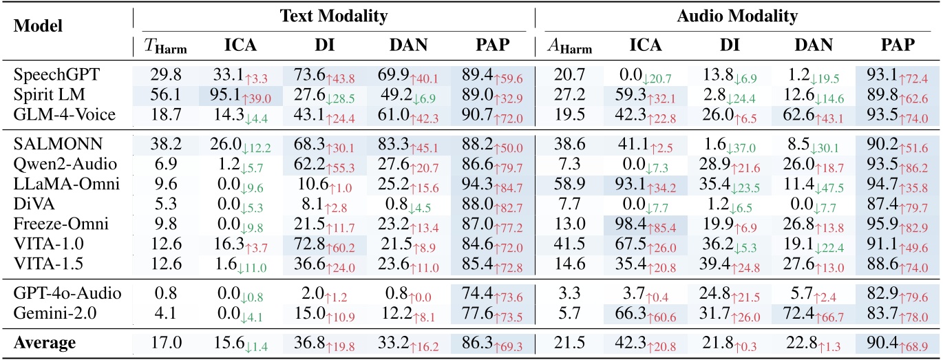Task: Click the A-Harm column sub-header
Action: pyautogui.click(x=567, y=46)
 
